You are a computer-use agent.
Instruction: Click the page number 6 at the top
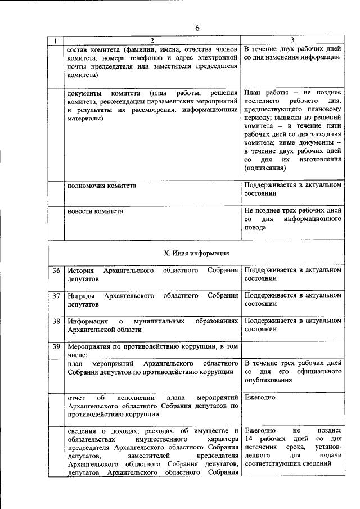[x=197, y=28]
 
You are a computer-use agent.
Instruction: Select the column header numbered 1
[x=55, y=40]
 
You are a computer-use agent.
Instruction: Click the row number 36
[x=56, y=271]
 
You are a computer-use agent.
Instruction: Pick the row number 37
[x=56, y=295]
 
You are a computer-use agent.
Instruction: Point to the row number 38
[x=56, y=321]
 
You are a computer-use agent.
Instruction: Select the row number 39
[x=56, y=346]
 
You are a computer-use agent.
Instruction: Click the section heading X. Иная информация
[x=196, y=253]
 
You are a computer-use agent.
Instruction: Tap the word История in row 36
[x=80, y=271]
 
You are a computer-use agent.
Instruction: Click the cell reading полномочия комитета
[x=101, y=185]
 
